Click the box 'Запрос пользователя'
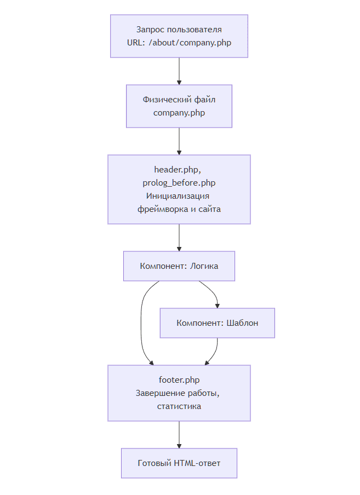179,36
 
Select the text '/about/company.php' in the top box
190,43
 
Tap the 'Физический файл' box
179,106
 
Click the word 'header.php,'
178,170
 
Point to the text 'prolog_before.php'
179,183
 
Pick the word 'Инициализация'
178,196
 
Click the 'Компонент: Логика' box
179,266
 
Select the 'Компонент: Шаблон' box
218,323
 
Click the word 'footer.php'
179,380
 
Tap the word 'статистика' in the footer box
179,406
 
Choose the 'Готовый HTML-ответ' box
179,463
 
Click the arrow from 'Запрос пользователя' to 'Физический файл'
179,71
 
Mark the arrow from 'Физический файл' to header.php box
179,141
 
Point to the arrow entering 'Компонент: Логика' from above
179,238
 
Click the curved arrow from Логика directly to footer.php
141,323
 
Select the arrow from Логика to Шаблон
212,291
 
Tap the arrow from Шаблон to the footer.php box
215,353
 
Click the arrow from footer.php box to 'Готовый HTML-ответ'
179,435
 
